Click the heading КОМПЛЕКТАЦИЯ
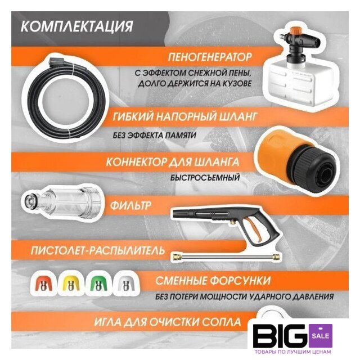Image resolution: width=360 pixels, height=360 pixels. [76, 26]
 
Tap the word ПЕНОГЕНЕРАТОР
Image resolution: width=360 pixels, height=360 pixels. [210, 57]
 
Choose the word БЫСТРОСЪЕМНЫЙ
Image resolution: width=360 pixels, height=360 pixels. [205, 178]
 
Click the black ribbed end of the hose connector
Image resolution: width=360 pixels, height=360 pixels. [316, 169]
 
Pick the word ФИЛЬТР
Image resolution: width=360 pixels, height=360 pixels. [130, 205]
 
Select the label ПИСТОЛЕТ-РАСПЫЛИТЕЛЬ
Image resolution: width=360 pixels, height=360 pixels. [98, 250]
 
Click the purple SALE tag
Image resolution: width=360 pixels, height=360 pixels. [321, 336]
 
